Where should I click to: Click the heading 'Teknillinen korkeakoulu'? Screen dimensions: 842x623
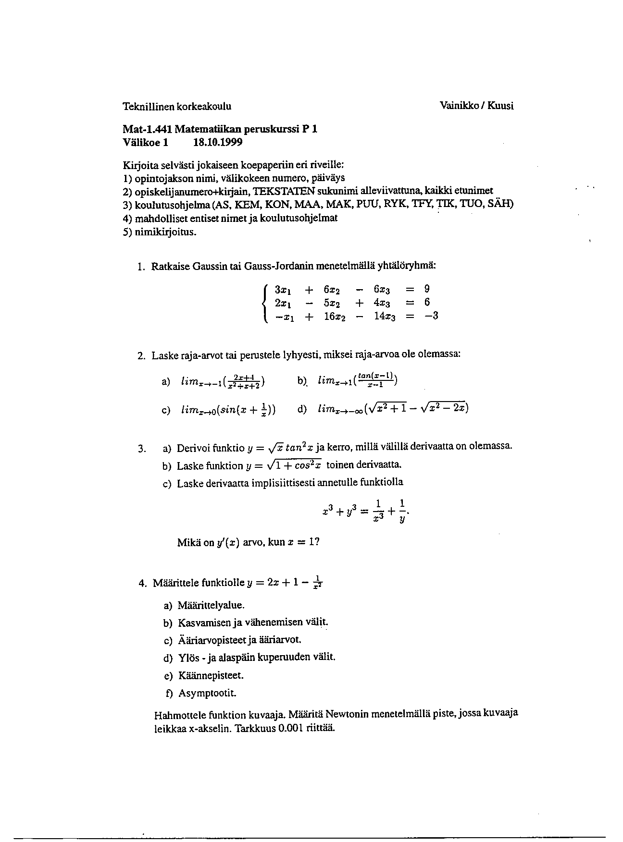click(177, 106)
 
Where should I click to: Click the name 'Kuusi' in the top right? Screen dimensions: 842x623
click(500, 106)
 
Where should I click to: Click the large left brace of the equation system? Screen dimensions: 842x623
click(265, 303)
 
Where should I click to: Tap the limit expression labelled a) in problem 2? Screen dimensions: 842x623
click(223, 382)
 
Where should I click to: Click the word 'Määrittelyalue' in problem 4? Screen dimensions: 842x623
click(207, 606)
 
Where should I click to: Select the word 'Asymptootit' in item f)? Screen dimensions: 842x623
click(207, 694)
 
